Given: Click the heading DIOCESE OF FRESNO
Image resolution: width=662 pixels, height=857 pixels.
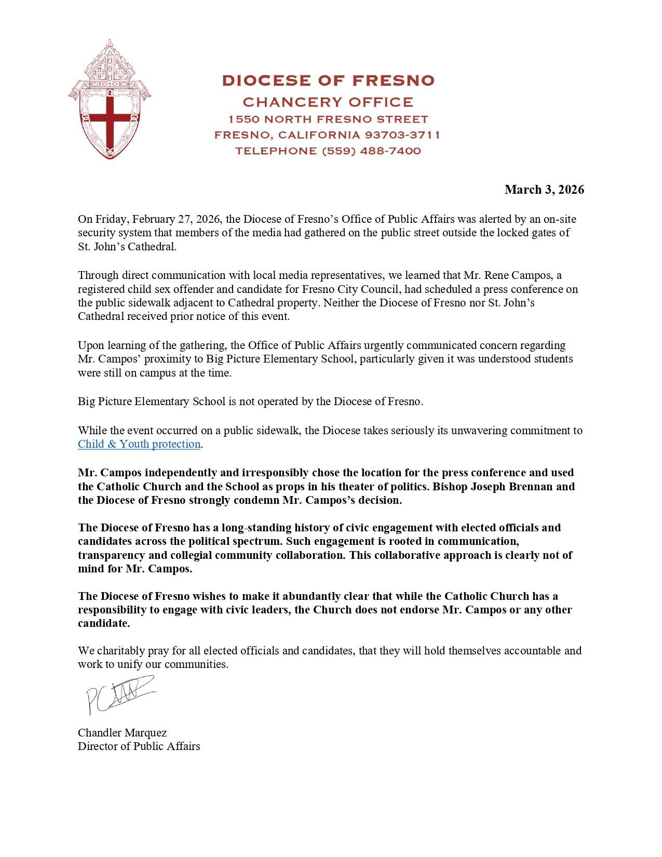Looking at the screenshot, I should [328, 81].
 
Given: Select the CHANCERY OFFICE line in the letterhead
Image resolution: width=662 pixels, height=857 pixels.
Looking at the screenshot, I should [328, 102].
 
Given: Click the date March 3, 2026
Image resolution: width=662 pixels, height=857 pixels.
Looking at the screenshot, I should [544, 190].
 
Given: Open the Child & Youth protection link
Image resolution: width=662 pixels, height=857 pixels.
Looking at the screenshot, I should [139, 444].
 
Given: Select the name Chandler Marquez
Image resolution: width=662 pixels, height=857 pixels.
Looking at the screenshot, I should [123, 733].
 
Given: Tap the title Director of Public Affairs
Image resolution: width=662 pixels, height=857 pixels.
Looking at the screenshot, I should [139, 746].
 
